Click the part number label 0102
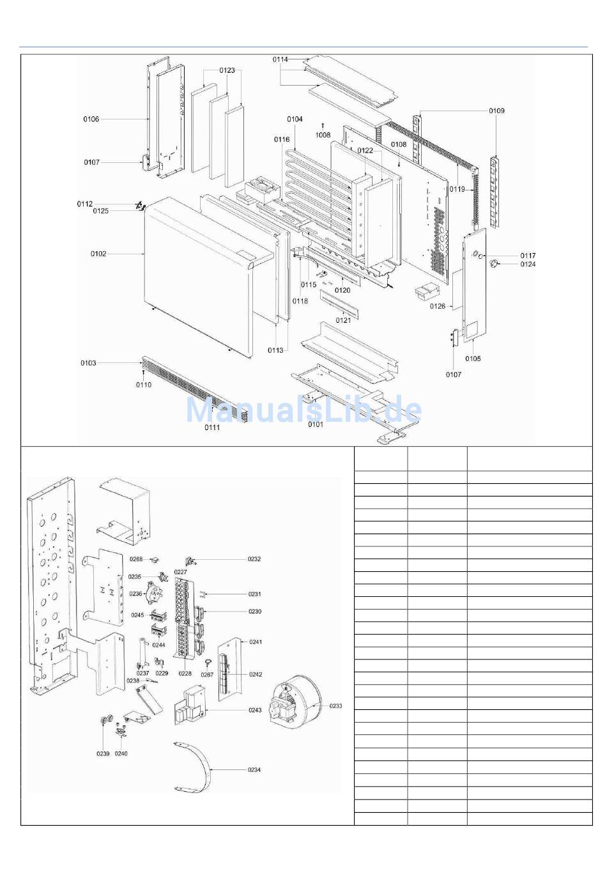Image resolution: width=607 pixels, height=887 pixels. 98,254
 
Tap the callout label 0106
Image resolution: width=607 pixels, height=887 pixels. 91,119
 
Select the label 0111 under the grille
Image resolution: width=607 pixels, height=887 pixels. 212,428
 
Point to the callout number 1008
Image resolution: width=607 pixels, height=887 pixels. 323,135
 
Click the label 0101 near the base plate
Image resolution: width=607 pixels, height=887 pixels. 316,424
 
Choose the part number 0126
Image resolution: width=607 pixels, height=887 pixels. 438,306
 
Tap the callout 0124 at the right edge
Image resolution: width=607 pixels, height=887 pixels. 528,264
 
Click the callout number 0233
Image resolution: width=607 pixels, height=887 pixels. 336,706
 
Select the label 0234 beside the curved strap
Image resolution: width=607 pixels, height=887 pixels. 254,769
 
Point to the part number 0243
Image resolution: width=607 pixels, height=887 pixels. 255,710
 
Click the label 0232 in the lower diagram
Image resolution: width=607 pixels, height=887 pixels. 254,559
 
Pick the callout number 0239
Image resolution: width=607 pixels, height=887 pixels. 104,753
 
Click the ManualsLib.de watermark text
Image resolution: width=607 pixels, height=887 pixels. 303,409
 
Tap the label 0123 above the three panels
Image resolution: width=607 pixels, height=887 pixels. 227,70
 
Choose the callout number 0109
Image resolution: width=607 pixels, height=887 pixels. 496,111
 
